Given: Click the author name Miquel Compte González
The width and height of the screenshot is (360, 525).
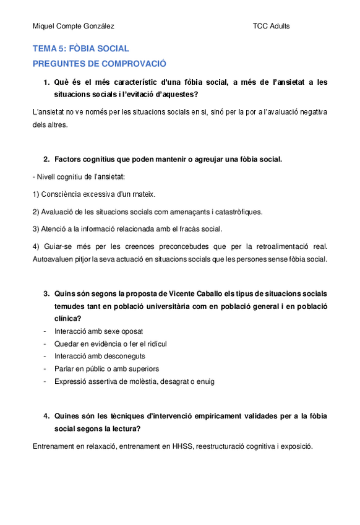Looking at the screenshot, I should click(x=73, y=26).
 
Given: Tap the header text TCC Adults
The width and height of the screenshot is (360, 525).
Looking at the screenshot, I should click(x=271, y=26).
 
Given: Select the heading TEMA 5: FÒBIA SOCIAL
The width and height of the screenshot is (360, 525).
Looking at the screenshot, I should click(x=80, y=48).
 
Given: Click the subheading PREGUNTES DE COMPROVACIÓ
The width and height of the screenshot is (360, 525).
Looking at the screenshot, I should click(x=100, y=64).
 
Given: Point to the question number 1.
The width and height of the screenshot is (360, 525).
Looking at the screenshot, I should click(x=46, y=82).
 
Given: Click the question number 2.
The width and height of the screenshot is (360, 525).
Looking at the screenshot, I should click(x=46, y=159).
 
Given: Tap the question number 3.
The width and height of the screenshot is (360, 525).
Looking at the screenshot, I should click(x=46, y=293).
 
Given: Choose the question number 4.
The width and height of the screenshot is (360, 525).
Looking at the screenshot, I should click(x=46, y=416).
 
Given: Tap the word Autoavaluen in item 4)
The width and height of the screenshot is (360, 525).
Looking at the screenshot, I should click(x=53, y=259).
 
